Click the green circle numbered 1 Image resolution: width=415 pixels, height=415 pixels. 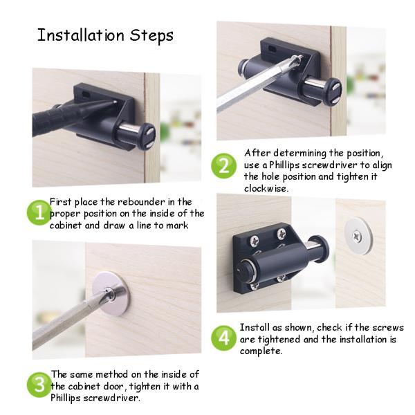pyautogui.click(x=39, y=212)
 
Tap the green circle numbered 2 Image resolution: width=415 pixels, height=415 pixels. pyautogui.click(x=223, y=166)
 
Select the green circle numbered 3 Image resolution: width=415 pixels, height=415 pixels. pyautogui.click(x=39, y=385)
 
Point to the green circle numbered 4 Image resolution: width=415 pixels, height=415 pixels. pyautogui.click(x=223, y=338)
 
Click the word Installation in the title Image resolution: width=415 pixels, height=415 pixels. pyautogui.click(x=81, y=35)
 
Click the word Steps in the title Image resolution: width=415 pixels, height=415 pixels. pyautogui.click(x=151, y=36)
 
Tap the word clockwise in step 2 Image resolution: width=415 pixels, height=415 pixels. pyautogui.click(x=266, y=188)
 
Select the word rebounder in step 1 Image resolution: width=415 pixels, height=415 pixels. pyautogui.click(x=141, y=202)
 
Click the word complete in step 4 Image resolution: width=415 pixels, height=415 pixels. pyautogui.click(x=261, y=351)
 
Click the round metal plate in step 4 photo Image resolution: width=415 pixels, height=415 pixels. pyautogui.click(x=358, y=236)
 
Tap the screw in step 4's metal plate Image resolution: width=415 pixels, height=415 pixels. pyautogui.click(x=357, y=236)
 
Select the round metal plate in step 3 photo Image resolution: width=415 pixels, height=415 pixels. pyautogui.click(x=111, y=293)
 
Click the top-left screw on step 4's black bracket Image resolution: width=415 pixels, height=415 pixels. pyautogui.click(x=255, y=240)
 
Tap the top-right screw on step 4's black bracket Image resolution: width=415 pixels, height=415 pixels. pyautogui.click(x=281, y=234)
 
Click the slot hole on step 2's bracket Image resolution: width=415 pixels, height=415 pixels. pyautogui.click(x=272, y=48)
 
